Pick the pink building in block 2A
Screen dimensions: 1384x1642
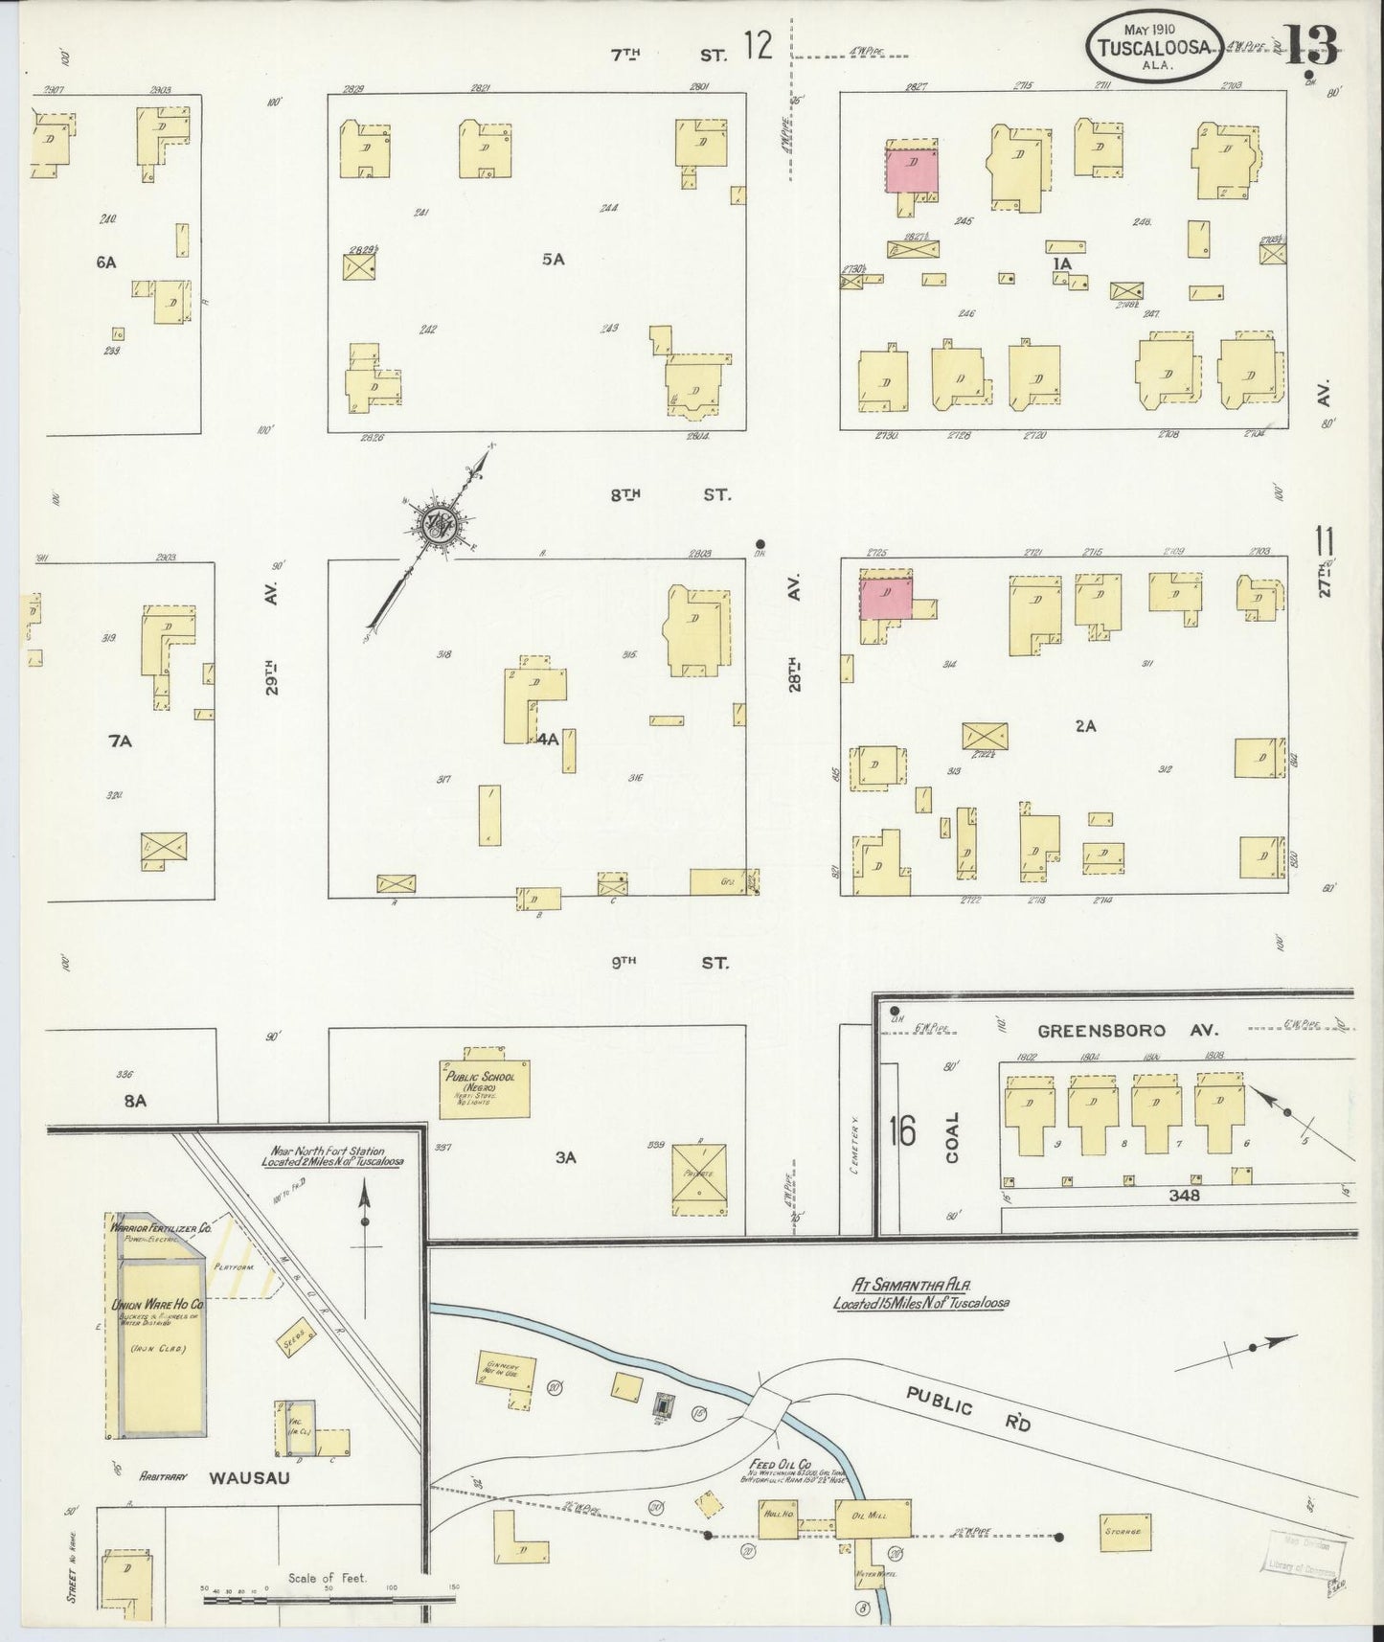(886, 595)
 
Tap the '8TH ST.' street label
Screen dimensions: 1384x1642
(669, 495)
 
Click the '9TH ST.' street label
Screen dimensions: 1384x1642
(669, 962)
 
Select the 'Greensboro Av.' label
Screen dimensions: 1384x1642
(1127, 1031)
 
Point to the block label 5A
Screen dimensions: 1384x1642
(553, 259)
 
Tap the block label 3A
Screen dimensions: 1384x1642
(565, 1157)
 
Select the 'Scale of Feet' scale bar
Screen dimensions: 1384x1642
(329, 1597)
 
